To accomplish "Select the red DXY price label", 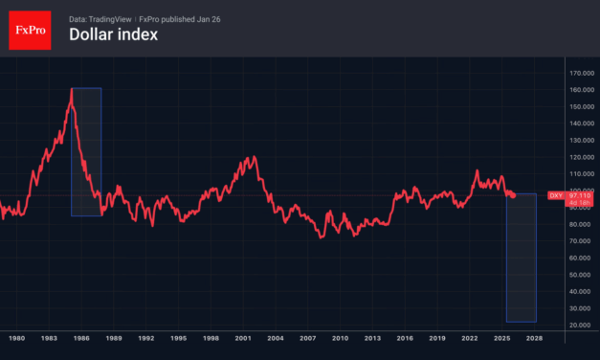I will pos(568,195).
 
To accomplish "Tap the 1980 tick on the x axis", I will pos(16,339).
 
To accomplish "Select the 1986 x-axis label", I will pos(81,339).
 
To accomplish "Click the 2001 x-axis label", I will pos(243,339).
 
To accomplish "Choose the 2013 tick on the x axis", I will pos(372,339).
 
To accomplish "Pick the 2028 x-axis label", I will pos(534,339).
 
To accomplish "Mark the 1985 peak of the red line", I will pos(72,90).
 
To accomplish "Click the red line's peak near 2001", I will pos(252,157).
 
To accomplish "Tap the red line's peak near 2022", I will pos(478,171).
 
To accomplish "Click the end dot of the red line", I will pos(513,195).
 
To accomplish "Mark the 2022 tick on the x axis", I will pos(469,339).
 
